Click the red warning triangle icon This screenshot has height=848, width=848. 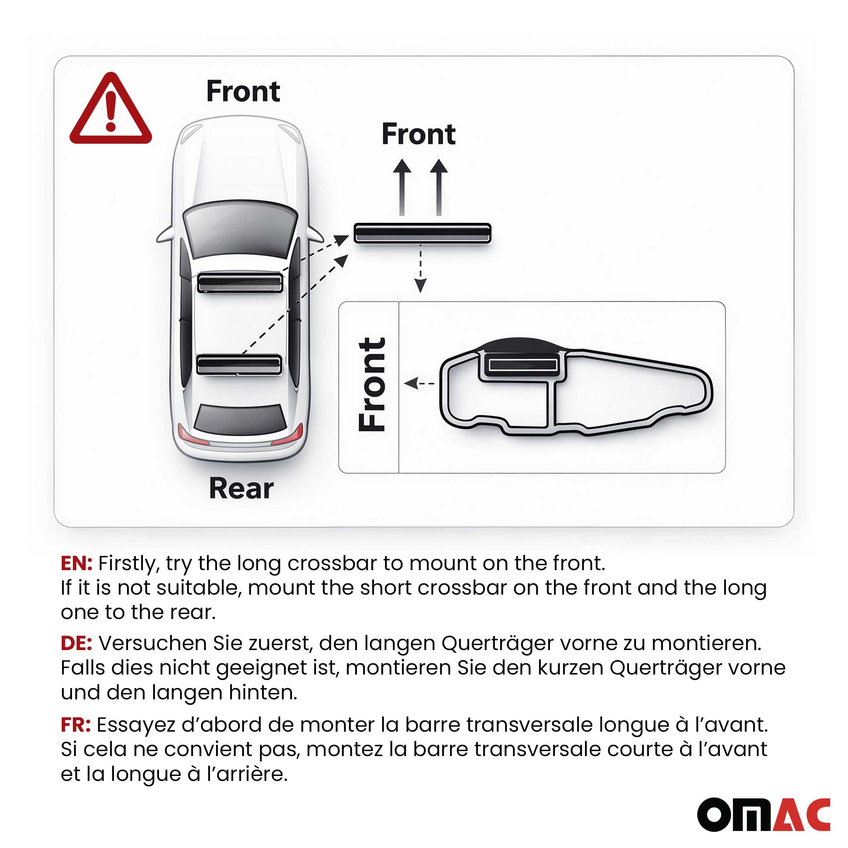[x=111, y=110]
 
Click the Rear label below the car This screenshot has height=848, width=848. [x=241, y=488]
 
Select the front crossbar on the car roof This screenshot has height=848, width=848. [x=240, y=282]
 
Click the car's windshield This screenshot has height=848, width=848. [x=240, y=229]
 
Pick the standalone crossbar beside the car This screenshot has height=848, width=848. [x=422, y=233]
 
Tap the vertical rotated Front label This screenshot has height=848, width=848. [x=371, y=385]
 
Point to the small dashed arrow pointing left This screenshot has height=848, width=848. [x=419, y=383]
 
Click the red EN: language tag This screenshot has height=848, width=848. [x=76, y=563]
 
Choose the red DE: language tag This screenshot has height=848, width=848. [x=76, y=643]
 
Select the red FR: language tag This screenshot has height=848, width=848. [x=75, y=725]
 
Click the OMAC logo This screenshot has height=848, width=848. [x=763, y=814]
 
